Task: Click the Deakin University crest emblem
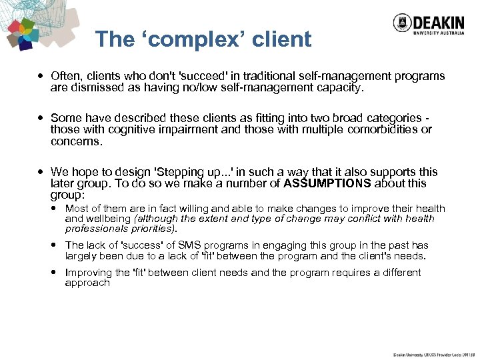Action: [x=401, y=23]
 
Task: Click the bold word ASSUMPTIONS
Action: [x=327, y=183]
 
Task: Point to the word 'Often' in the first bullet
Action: [x=65, y=76]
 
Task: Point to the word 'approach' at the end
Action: [x=87, y=283]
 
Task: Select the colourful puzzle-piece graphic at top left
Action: [x=23, y=33]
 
